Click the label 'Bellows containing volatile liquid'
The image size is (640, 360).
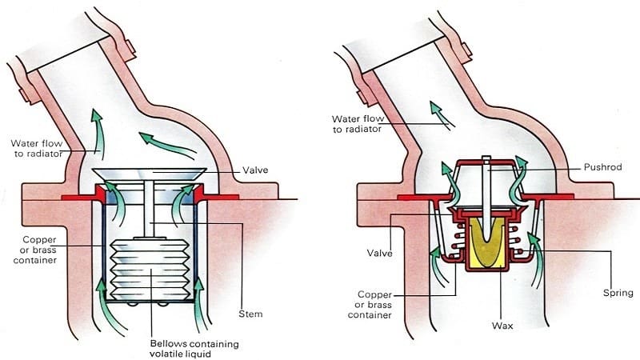tap(194, 349)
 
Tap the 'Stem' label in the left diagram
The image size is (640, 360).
tap(250, 314)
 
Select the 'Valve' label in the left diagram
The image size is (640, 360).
tap(255, 170)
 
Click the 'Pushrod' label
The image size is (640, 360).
tap(603, 167)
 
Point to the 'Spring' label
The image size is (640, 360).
tap(618, 293)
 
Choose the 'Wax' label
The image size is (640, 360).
tap(502, 326)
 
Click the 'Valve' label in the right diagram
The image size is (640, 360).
tap(379, 253)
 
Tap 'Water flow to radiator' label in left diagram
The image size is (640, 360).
tap(37, 149)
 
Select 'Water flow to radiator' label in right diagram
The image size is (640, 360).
tap(358, 124)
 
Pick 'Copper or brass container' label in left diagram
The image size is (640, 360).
tap(35, 250)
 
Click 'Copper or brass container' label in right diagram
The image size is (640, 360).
tap(370, 305)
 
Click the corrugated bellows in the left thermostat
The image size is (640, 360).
tap(150, 270)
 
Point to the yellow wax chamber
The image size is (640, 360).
tap(487, 244)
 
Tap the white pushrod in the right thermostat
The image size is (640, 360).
tap(486, 197)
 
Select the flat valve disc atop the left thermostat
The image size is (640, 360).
tap(149, 174)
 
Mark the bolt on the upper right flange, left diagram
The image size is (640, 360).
tap(129, 50)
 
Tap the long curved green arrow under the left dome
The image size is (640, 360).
tap(166, 145)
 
